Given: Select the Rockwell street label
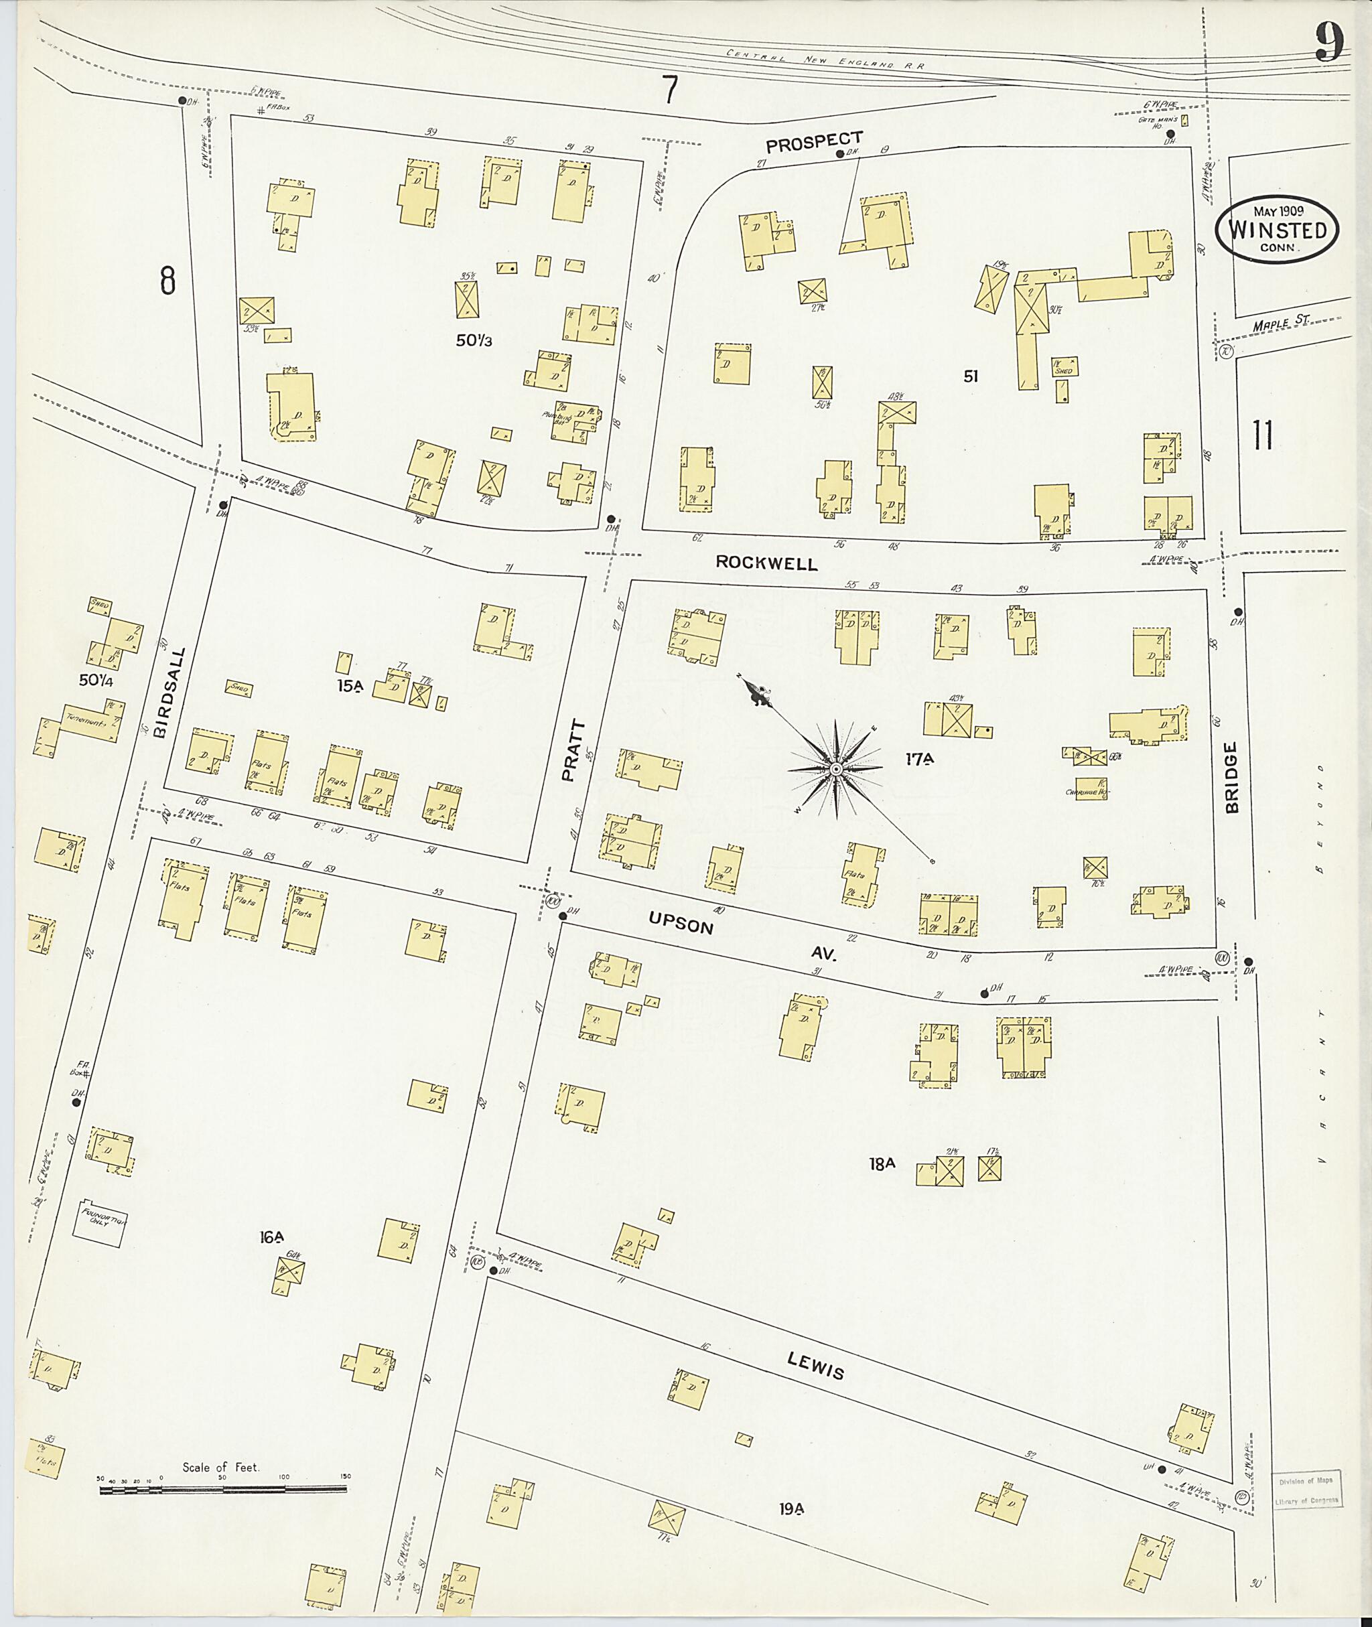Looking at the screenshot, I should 766,563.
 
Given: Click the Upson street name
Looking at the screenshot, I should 681,926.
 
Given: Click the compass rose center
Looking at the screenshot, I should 835,769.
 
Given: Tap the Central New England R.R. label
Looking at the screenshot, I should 825,59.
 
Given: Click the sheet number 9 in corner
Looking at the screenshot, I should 1329,44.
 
